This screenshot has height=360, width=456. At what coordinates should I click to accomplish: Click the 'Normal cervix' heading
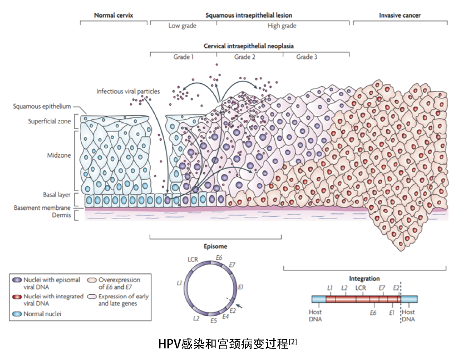coord(113,16)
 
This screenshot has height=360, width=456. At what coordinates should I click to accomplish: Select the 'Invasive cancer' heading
coord(400,16)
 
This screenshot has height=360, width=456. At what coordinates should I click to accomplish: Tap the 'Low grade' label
coord(182,26)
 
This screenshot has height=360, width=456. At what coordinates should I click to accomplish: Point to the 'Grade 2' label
coord(245,57)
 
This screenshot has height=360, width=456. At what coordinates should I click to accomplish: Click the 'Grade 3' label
coord(307,57)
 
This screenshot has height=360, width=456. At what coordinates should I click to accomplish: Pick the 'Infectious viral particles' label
coord(128,91)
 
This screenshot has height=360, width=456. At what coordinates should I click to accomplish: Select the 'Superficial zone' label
coord(49,121)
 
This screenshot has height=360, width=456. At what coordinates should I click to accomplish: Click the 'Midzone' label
coord(59,155)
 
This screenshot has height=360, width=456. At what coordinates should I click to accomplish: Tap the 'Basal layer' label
coord(57,195)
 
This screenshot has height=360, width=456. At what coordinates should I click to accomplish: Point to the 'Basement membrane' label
coord(42,208)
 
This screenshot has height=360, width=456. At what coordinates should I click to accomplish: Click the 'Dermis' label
coord(62,215)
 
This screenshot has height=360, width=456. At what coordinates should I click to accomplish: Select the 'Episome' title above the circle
coord(215,247)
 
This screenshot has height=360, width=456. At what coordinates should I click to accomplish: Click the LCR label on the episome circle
coord(192,259)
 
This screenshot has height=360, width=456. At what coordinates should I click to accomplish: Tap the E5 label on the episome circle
coord(214,321)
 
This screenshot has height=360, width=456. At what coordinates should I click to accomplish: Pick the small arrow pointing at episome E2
coord(239,306)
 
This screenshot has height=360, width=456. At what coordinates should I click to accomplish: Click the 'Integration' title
coord(364,279)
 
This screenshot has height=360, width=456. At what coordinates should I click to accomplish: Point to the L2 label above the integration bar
coord(344,288)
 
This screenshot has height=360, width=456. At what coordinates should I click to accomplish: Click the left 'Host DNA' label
coord(315,316)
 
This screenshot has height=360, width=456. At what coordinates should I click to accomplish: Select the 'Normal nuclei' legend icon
coord(17,314)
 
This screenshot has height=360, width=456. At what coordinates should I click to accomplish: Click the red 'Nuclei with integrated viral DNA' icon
coord(17,297)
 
